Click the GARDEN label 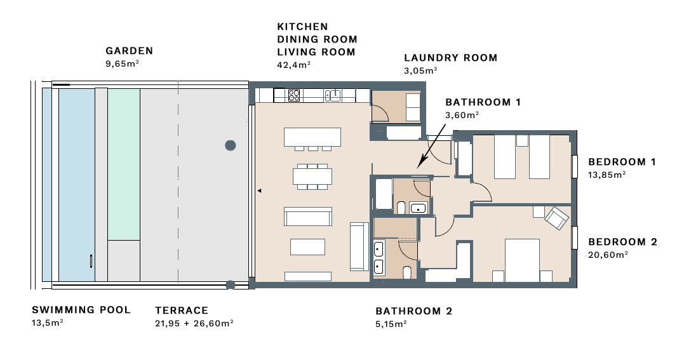click(x=129, y=51)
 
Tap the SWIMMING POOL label click(x=81, y=310)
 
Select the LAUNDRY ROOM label click(x=451, y=58)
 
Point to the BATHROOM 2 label click(x=414, y=311)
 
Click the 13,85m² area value click(x=607, y=175)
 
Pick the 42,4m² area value click(x=293, y=65)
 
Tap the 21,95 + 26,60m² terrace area click(x=194, y=323)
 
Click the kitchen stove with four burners click(x=294, y=95)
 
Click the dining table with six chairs click(x=312, y=177)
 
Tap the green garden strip click(x=124, y=164)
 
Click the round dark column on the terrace click(x=231, y=145)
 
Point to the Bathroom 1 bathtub click(x=384, y=194)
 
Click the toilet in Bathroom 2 click(x=407, y=273)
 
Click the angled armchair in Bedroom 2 click(x=557, y=218)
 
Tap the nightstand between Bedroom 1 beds click(x=522, y=140)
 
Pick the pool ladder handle click(x=91, y=261)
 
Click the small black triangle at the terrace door click(x=259, y=190)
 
